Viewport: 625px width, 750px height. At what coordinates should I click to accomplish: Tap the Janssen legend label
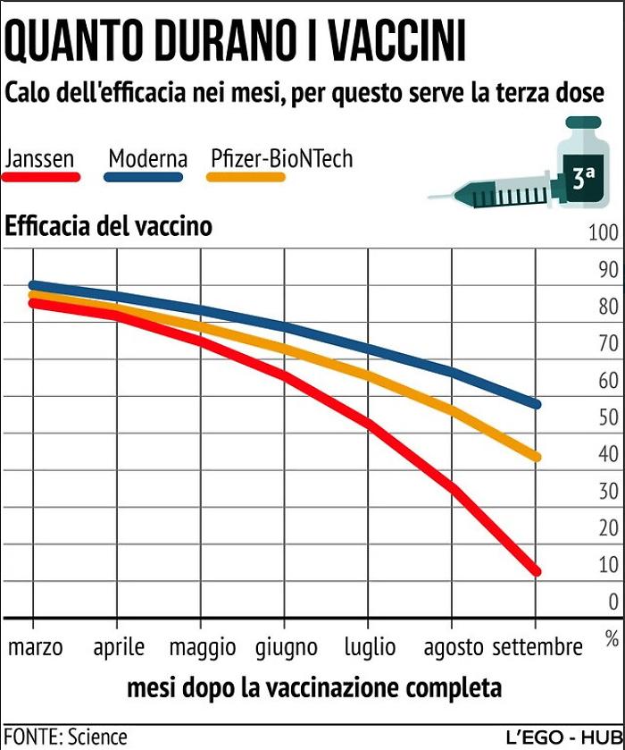(39, 159)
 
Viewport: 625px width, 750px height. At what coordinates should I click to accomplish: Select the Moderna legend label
(147, 159)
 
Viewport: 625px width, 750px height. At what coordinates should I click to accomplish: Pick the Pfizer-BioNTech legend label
(282, 159)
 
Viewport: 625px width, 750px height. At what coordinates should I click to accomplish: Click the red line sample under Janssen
(41, 177)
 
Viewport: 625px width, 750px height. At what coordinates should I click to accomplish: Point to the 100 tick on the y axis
(603, 233)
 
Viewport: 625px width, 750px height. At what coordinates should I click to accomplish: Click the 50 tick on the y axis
(607, 417)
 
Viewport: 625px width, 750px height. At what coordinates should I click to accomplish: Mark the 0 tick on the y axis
(612, 602)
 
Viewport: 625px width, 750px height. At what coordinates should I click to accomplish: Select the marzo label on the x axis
(36, 646)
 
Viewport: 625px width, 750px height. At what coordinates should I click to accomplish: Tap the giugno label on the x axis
(287, 646)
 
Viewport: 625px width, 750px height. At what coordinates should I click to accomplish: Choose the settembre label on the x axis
(537, 646)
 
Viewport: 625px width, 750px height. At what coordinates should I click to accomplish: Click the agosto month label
(454, 646)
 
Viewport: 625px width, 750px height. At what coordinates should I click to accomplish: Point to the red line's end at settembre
(536, 571)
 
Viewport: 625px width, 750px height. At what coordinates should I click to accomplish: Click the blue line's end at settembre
(536, 404)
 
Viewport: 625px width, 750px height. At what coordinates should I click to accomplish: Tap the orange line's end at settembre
(536, 457)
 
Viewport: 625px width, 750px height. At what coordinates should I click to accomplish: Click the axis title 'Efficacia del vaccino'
(109, 226)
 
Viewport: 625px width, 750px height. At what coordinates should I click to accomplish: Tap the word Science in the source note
(97, 737)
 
